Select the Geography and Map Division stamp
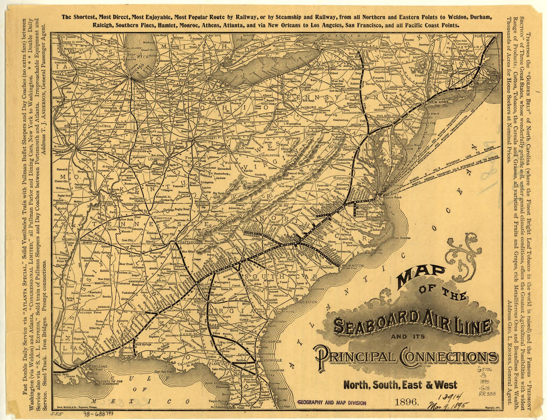pyautogui.click(x=331, y=403)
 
